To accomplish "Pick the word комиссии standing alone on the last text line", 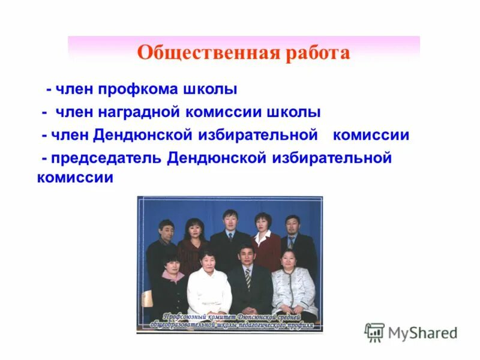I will (x=75, y=178).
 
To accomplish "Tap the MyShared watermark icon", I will (x=374, y=332).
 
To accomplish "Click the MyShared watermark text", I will (x=422, y=332).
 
